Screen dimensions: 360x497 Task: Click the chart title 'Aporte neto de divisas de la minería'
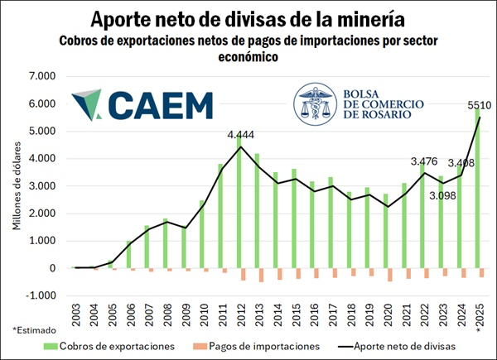click(x=248, y=18)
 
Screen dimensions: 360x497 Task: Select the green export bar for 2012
click(x=239, y=207)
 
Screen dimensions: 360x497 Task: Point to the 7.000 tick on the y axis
click(x=41, y=76)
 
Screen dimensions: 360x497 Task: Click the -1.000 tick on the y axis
click(x=41, y=295)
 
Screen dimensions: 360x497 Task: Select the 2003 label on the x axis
click(x=75, y=316)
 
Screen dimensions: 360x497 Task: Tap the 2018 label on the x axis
click(x=350, y=316)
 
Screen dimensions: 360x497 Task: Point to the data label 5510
click(x=476, y=105)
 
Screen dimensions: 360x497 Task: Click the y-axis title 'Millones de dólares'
click(x=17, y=186)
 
